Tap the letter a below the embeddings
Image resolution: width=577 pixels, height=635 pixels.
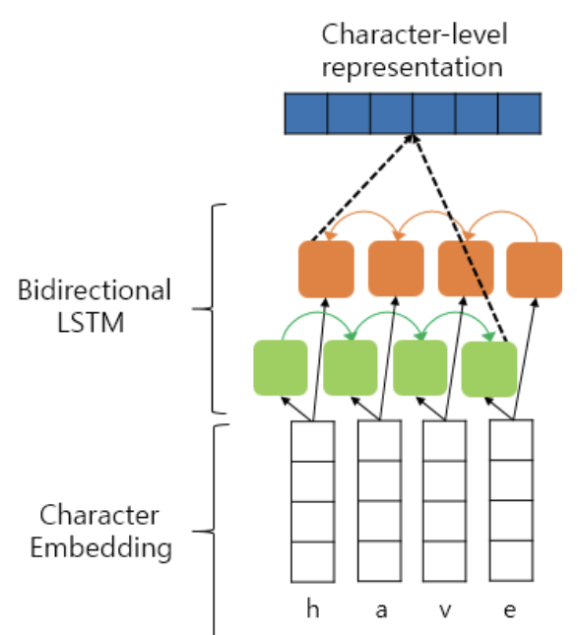click(381, 610)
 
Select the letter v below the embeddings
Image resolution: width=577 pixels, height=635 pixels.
click(445, 610)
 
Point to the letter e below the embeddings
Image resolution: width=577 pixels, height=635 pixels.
click(510, 610)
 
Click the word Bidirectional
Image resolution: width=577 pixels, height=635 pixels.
click(95, 290)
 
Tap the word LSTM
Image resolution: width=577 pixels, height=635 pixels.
click(91, 323)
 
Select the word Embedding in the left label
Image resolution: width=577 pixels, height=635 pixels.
click(101, 547)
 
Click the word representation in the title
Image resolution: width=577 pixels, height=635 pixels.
click(413, 68)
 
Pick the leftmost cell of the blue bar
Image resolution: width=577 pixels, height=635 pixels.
click(306, 113)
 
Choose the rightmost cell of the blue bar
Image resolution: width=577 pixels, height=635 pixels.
click(520, 113)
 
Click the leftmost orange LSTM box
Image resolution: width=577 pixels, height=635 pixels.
click(326, 269)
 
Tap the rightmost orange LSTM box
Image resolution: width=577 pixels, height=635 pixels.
click(534, 270)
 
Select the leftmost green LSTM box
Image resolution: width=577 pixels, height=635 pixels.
click(281, 368)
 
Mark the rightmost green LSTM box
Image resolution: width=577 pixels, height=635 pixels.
click(489, 369)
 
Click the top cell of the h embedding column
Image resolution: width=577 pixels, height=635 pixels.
click(313, 441)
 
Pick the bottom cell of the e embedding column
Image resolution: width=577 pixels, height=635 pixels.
click(511, 561)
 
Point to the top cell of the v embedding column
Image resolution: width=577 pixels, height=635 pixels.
click(445, 441)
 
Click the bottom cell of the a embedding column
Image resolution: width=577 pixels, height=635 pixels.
click(380, 561)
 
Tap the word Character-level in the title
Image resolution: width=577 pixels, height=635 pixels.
click(415, 34)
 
